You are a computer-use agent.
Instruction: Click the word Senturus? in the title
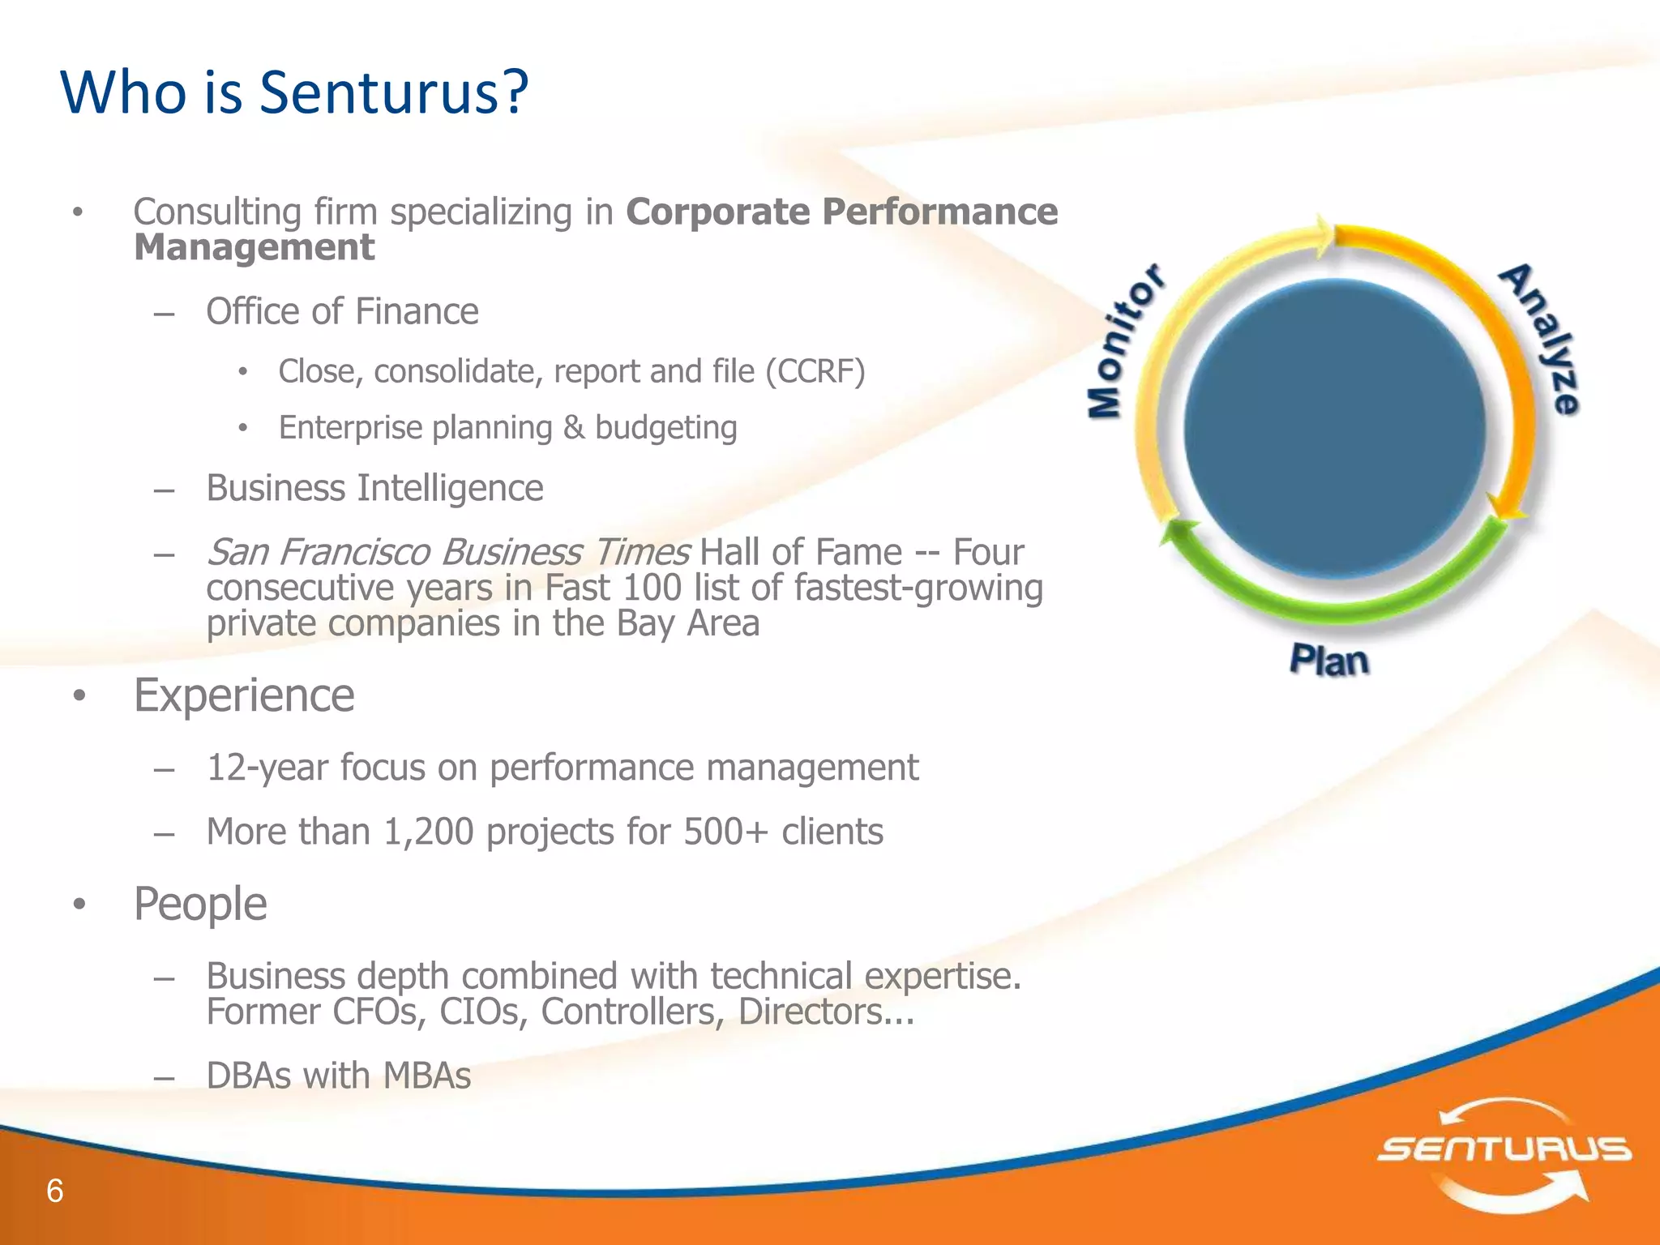click(393, 92)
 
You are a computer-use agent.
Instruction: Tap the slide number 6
click(54, 1191)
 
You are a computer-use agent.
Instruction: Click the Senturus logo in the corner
click(1504, 1152)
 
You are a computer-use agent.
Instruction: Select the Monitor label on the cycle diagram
click(1125, 341)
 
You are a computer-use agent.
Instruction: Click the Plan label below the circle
click(1329, 661)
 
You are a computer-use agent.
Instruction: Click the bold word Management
click(254, 247)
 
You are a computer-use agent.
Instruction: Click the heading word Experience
click(244, 695)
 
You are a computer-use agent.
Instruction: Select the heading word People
click(200, 904)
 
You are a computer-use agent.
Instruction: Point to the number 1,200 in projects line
click(428, 832)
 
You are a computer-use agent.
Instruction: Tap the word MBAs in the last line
click(426, 1076)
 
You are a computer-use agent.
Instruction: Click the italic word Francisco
click(354, 552)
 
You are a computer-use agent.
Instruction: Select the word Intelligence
click(450, 488)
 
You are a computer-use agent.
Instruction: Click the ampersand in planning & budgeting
click(574, 428)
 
